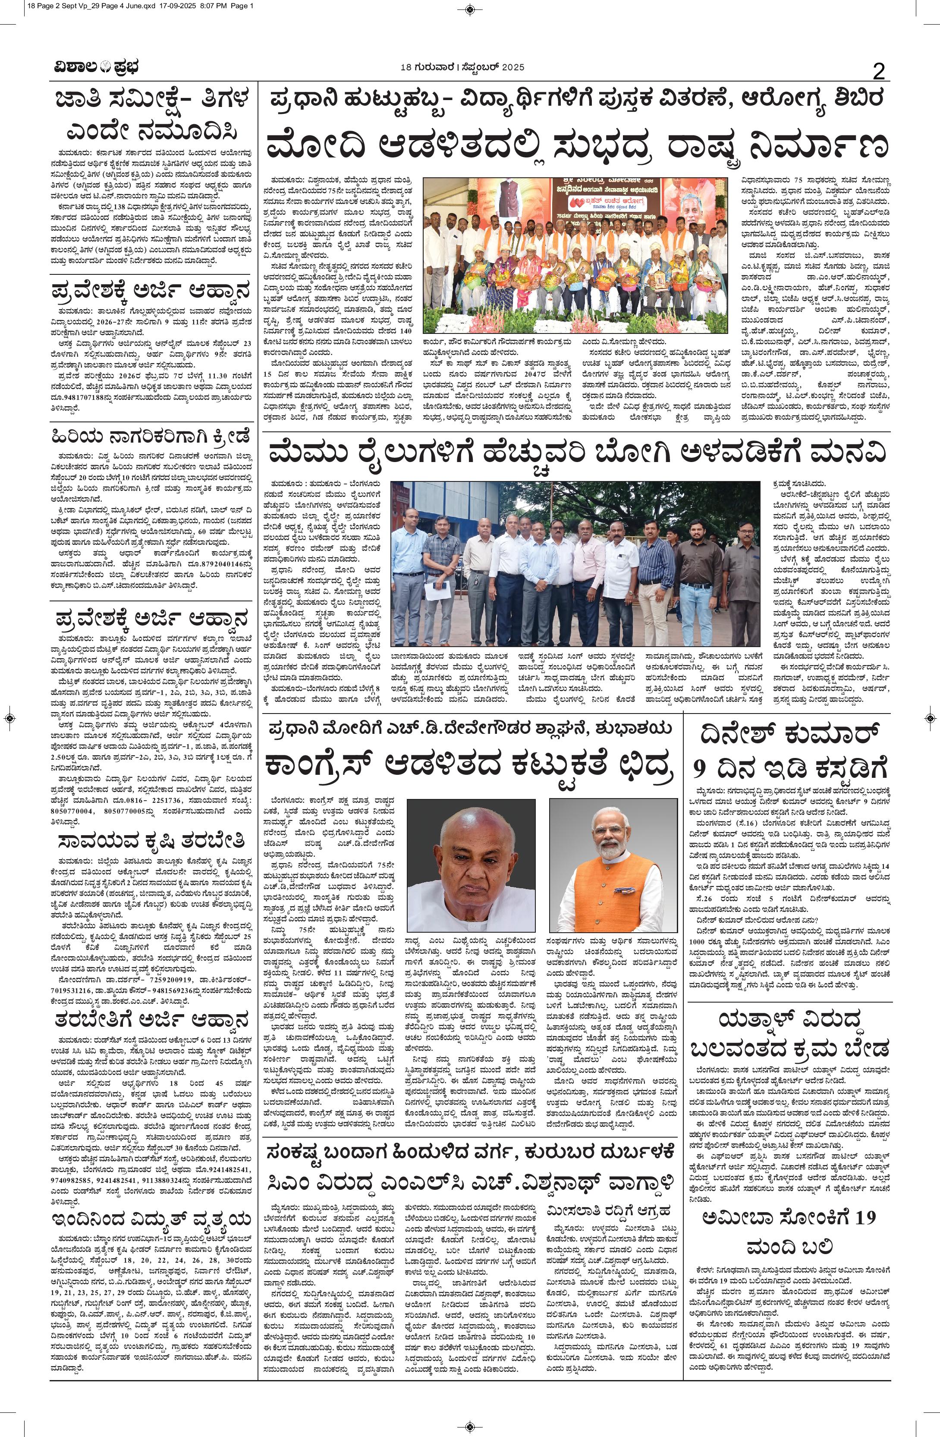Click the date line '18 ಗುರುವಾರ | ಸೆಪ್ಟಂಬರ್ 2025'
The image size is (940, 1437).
[462, 67]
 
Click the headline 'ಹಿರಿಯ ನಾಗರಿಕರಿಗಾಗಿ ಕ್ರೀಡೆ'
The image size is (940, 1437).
[151, 436]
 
